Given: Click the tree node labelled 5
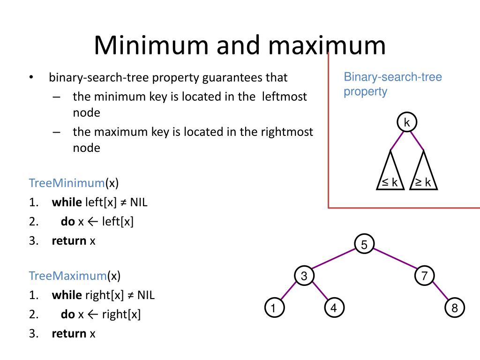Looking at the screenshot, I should [x=365, y=244].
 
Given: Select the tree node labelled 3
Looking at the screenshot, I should [x=304, y=276].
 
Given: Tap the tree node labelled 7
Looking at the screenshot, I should [x=424, y=276].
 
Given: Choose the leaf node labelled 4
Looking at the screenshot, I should [x=334, y=308].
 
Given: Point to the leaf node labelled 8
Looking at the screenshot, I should [x=454, y=308].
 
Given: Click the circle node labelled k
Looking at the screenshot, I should [x=407, y=123].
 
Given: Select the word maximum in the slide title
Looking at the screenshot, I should [x=327, y=45].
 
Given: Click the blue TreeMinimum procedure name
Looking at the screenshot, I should [x=66, y=182].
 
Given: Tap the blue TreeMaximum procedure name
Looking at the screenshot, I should [x=67, y=276].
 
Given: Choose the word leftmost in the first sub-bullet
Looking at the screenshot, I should [x=285, y=97].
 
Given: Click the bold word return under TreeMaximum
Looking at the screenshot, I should [x=69, y=333].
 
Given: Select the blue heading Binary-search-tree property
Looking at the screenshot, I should [x=392, y=83].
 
